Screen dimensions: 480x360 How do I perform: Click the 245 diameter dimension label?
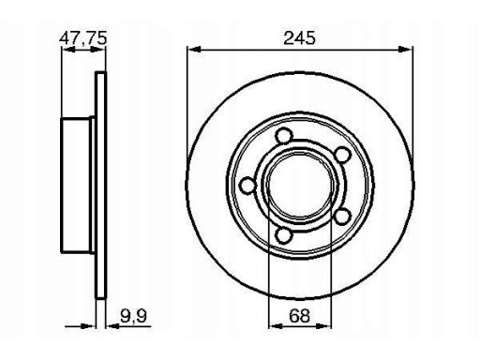299,38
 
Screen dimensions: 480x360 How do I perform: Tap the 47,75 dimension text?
83,38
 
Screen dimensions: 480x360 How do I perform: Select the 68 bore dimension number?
299,316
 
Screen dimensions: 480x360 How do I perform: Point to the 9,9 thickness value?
133,316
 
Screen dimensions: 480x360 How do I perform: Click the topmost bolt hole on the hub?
284,136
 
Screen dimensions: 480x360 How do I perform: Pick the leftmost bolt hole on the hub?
248,185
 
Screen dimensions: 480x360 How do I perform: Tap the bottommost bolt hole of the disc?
284,235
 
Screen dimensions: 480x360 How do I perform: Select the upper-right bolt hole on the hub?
342,155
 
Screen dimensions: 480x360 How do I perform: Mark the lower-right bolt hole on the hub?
342,217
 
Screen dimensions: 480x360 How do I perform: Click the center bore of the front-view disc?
300,186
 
